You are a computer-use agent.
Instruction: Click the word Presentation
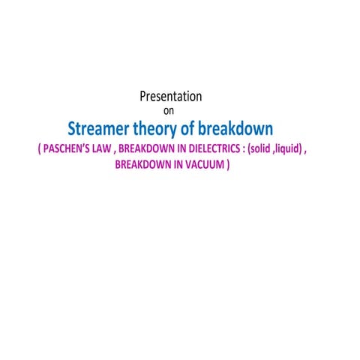(x=171, y=97)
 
